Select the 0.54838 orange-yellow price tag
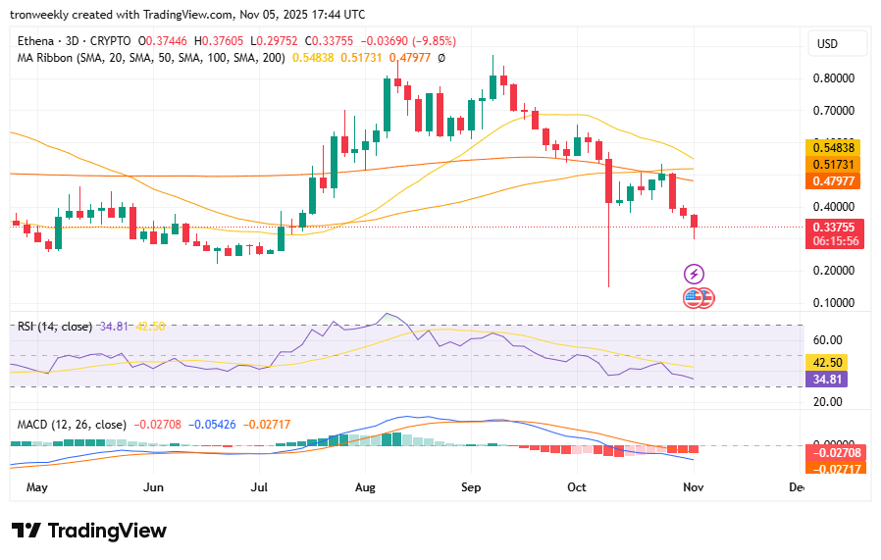point(834,146)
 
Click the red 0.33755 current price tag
point(834,227)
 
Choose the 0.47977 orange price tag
point(834,181)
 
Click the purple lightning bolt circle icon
point(694,274)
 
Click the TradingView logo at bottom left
point(89,531)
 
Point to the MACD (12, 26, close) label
point(72,425)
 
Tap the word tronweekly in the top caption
point(44,15)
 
